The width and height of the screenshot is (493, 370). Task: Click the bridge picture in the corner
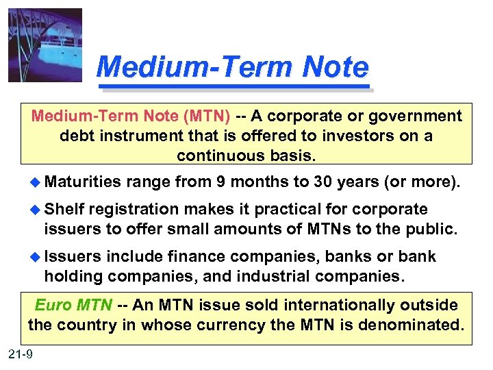pos(45,45)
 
